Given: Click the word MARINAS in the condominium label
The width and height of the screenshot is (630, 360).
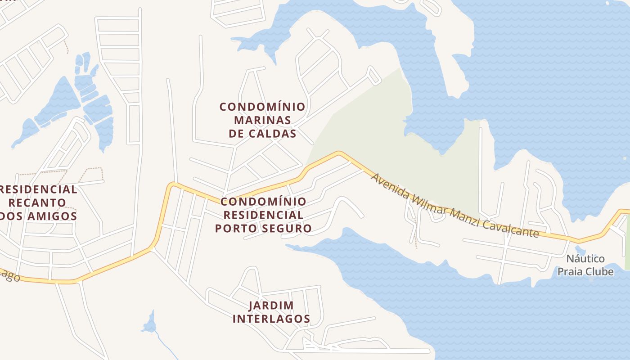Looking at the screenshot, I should point(262,121).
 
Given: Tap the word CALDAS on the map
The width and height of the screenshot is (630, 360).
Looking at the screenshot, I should point(274,134).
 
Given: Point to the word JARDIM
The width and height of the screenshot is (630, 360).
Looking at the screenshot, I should point(271,306).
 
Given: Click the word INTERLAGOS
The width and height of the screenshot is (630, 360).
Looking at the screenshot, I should point(271,319).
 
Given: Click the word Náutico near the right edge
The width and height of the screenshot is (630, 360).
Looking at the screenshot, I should point(585,259).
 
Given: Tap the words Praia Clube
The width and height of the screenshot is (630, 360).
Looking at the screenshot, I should point(585,271).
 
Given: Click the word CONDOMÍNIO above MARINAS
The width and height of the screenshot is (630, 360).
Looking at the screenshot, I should point(262,107).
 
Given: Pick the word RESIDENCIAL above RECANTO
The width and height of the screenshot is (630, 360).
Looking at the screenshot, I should point(38,189).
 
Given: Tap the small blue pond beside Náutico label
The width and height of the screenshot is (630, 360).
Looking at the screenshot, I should point(580,249).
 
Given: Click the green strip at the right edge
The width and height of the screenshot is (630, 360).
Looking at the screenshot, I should point(627,243).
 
